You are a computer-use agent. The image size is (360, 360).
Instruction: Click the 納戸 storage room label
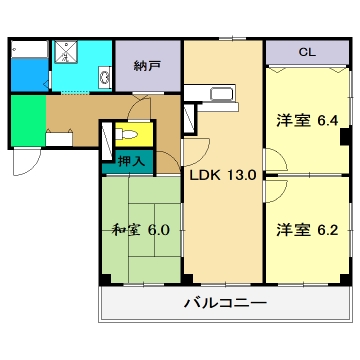[147, 67]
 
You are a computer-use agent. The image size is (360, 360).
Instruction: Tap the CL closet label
[307, 51]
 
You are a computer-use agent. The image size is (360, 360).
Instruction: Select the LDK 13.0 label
[224, 174]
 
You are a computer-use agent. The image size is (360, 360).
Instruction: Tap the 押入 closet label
[131, 159]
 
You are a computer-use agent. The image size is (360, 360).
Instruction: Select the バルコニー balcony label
[224, 302]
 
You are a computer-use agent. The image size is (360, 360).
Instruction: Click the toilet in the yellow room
[128, 132]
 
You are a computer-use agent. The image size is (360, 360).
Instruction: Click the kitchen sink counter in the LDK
[211, 96]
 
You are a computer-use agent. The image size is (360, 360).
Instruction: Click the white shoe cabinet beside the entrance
[59, 140]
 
